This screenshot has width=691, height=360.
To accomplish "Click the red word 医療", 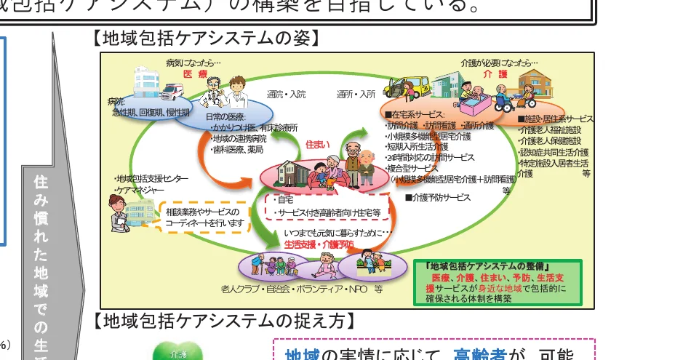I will [196, 75].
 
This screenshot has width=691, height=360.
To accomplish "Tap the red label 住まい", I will [319, 145].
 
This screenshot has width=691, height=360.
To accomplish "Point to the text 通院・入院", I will [287, 95].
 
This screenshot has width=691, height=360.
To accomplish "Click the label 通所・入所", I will [356, 95].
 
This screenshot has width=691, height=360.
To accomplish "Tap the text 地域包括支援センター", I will [152, 179].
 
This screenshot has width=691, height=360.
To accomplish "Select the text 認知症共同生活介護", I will [554, 152].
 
